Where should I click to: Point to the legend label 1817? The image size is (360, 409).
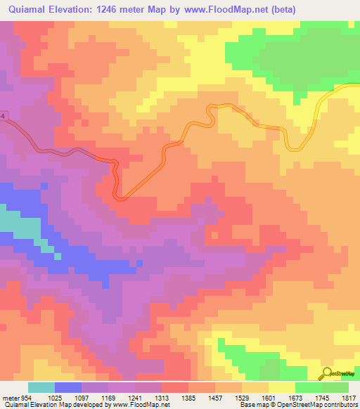tap(349, 397)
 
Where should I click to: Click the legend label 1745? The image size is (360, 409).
tap(322, 397)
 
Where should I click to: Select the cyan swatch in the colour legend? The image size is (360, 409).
tap(41, 387)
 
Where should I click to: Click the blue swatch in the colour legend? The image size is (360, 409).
tap(68, 387)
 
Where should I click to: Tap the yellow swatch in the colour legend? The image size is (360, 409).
tap(282, 387)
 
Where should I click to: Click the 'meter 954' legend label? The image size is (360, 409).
tap(15, 397)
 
